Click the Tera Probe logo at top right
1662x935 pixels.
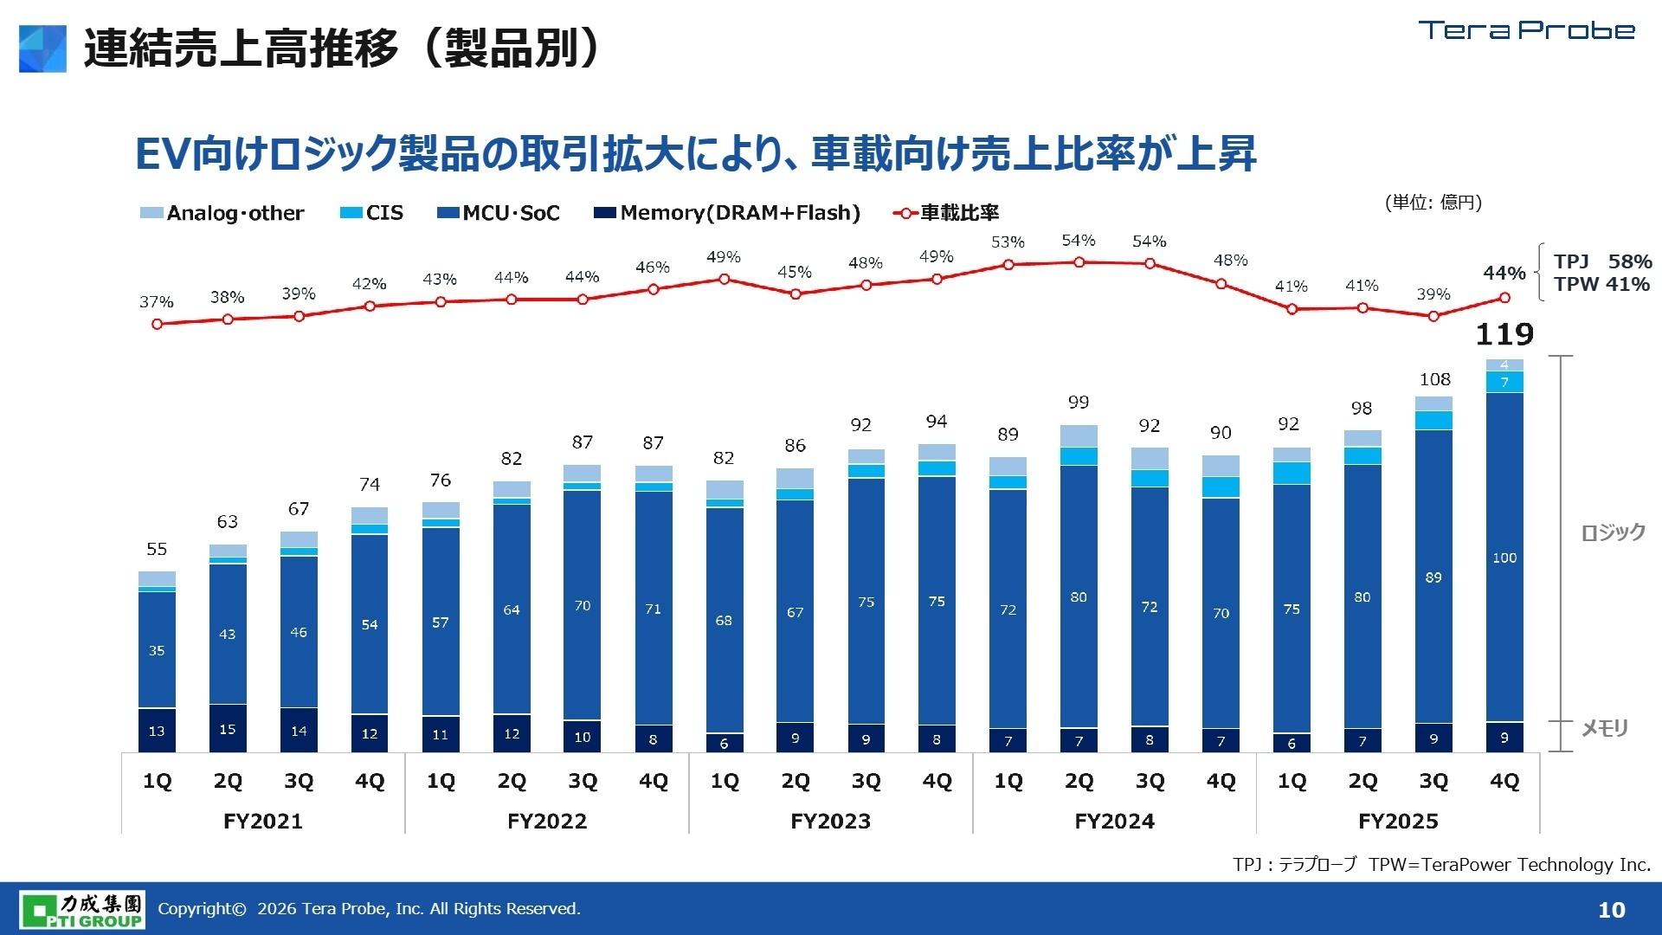1526,30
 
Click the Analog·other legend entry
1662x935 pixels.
222,213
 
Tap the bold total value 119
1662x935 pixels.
1504,334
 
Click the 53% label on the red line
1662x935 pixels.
1008,242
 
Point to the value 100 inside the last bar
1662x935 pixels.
1504,558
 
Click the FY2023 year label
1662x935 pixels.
830,821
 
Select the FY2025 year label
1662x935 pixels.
1398,821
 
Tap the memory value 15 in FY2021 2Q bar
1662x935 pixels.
228,730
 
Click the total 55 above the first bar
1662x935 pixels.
157,549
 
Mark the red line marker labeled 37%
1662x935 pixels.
157,324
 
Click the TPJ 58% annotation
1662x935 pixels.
1601,261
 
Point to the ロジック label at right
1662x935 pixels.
1613,532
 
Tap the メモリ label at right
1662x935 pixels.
1605,728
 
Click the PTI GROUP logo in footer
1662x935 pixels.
83,909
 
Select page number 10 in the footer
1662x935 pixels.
1611,910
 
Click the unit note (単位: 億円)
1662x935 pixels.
1433,203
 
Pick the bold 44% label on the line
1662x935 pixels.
1504,273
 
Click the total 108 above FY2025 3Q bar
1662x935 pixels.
1434,379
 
